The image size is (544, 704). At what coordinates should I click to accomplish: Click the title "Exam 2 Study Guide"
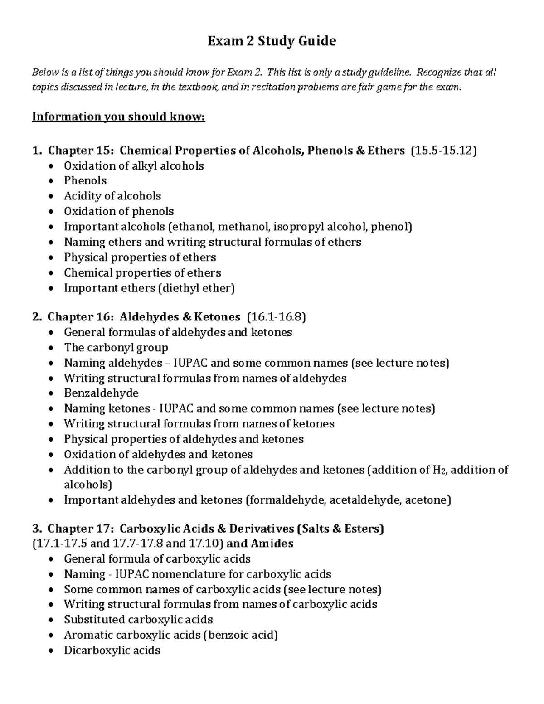(x=272, y=41)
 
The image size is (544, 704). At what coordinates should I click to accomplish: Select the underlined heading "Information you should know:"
(x=118, y=117)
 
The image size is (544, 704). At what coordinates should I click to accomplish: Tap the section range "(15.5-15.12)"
(x=443, y=151)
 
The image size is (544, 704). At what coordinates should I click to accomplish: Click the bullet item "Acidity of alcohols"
(x=112, y=196)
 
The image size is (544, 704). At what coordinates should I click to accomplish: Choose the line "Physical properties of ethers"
(x=140, y=257)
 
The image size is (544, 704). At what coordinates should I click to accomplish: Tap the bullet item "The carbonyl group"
(x=116, y=348)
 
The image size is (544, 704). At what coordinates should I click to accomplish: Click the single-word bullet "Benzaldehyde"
(x=101, y=393)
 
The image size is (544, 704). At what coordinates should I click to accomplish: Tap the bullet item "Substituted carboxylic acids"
(x=138, y=620)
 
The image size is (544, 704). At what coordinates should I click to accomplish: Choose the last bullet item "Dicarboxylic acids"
(x=112, y=651)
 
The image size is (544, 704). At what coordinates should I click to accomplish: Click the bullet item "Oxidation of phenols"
(x=119, y=211)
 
